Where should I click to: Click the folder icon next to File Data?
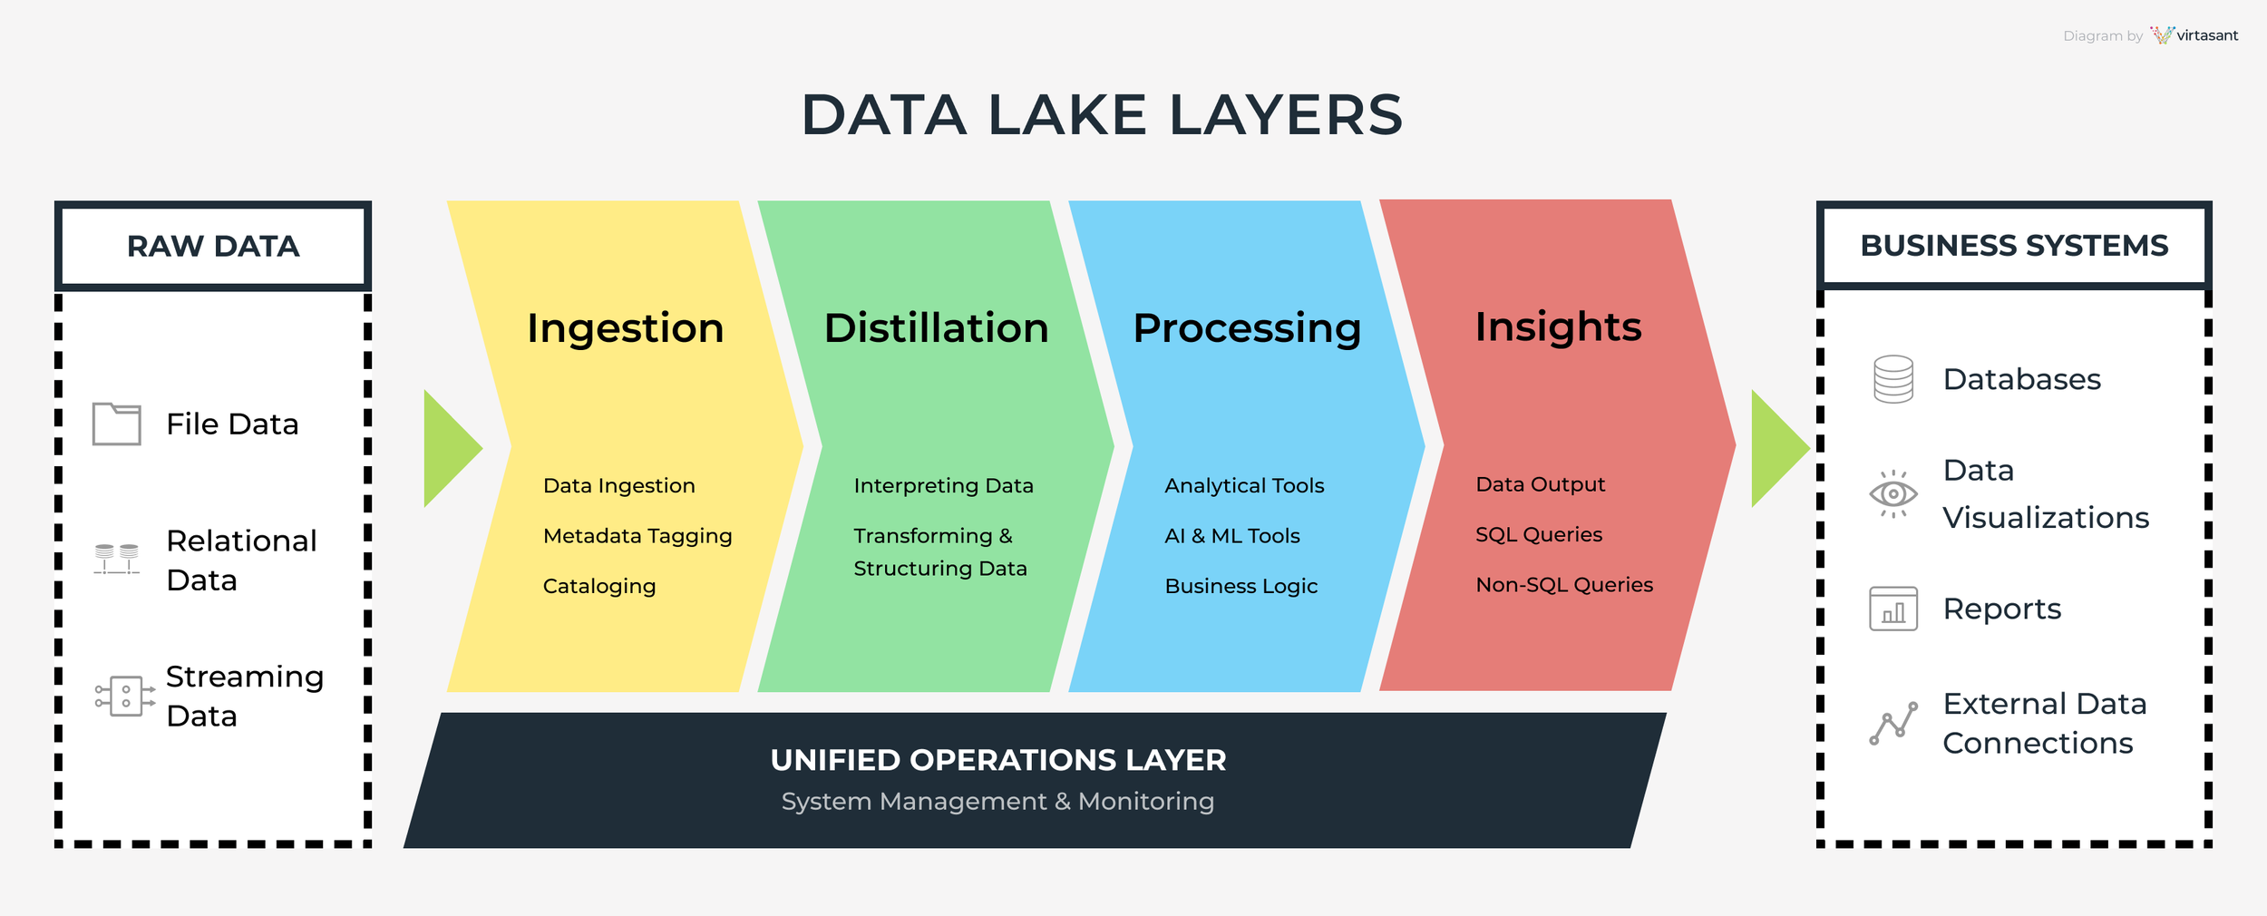pos(117,424)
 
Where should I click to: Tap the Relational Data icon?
pos(117,559)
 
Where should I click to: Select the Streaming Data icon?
pos(125,696)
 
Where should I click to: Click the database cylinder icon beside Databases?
pos(1893,379)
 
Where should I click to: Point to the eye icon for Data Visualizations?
pos(1893,494)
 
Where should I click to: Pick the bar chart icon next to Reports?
pos(1893,609)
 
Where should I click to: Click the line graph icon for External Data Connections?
pos(1893,724)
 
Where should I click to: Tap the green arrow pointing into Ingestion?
pos(451,448)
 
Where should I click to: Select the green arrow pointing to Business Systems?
pos(1778,448)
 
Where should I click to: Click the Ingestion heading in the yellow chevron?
pos(625,327)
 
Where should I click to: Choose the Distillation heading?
pos(936,327)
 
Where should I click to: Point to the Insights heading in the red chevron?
pos(1558,326)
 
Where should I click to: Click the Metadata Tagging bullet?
pos(637,536)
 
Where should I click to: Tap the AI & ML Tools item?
pos(1232,536)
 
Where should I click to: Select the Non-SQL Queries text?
pos(1564,585)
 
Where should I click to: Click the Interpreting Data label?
pos(943,485)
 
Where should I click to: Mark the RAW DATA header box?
pos(213,246)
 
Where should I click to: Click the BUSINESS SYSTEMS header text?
pos(2014,246)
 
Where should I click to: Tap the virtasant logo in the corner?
pos(2194,35)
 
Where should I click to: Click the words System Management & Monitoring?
pos(997,802)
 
